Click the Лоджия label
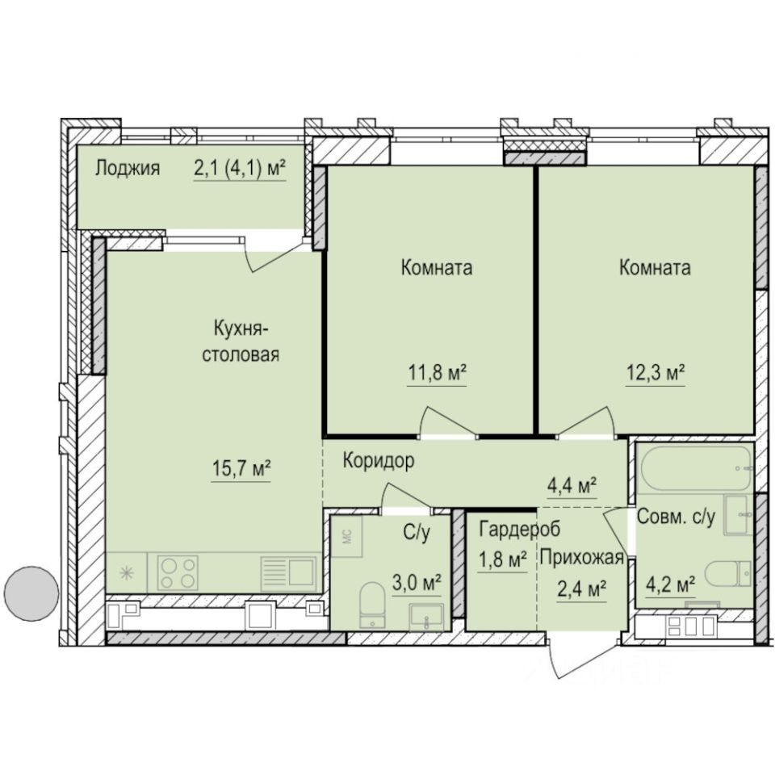point(127,169)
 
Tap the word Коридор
point(379,462)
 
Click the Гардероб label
point(509,530)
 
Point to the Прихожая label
point(582,558)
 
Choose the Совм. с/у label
point(677,517)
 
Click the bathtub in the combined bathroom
point(695,468)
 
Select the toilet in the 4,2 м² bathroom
point(727,576)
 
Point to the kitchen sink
point(287,572)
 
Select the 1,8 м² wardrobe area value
point(501,559)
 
